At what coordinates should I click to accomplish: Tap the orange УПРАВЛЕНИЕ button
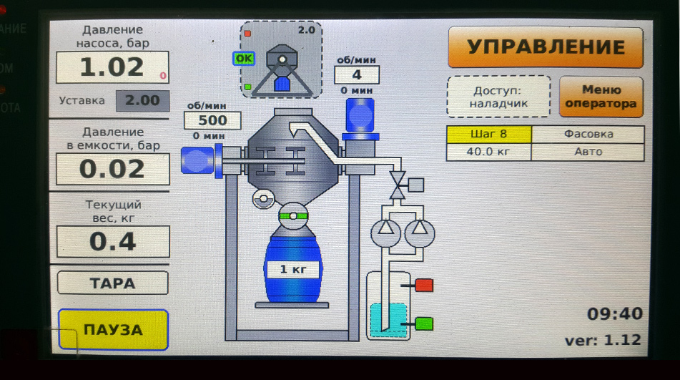(545, 47)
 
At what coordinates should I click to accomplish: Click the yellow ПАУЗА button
(113, 330)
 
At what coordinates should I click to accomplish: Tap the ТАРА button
(113, 283)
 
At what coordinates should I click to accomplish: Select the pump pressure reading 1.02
(112, 67)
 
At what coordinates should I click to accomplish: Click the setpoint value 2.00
(143, 101)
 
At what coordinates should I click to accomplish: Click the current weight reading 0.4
(113, 242)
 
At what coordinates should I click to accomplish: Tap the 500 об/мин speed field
(212, 120)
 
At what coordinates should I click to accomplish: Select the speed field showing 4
(357, 74)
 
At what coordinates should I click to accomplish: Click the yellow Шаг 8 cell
(489, 135)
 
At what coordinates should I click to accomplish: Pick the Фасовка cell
(588, 135)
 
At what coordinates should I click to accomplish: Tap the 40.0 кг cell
(489, 152)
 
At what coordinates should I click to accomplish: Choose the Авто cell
(588, 152)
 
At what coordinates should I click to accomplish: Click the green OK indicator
(244, 59)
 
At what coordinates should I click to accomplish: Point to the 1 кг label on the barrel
(293, 269)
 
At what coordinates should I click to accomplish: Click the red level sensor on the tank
(424, 285)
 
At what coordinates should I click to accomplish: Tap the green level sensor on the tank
(424, 323)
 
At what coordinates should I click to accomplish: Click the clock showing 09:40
(614, 313)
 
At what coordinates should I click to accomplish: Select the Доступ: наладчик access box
(498, 97)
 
